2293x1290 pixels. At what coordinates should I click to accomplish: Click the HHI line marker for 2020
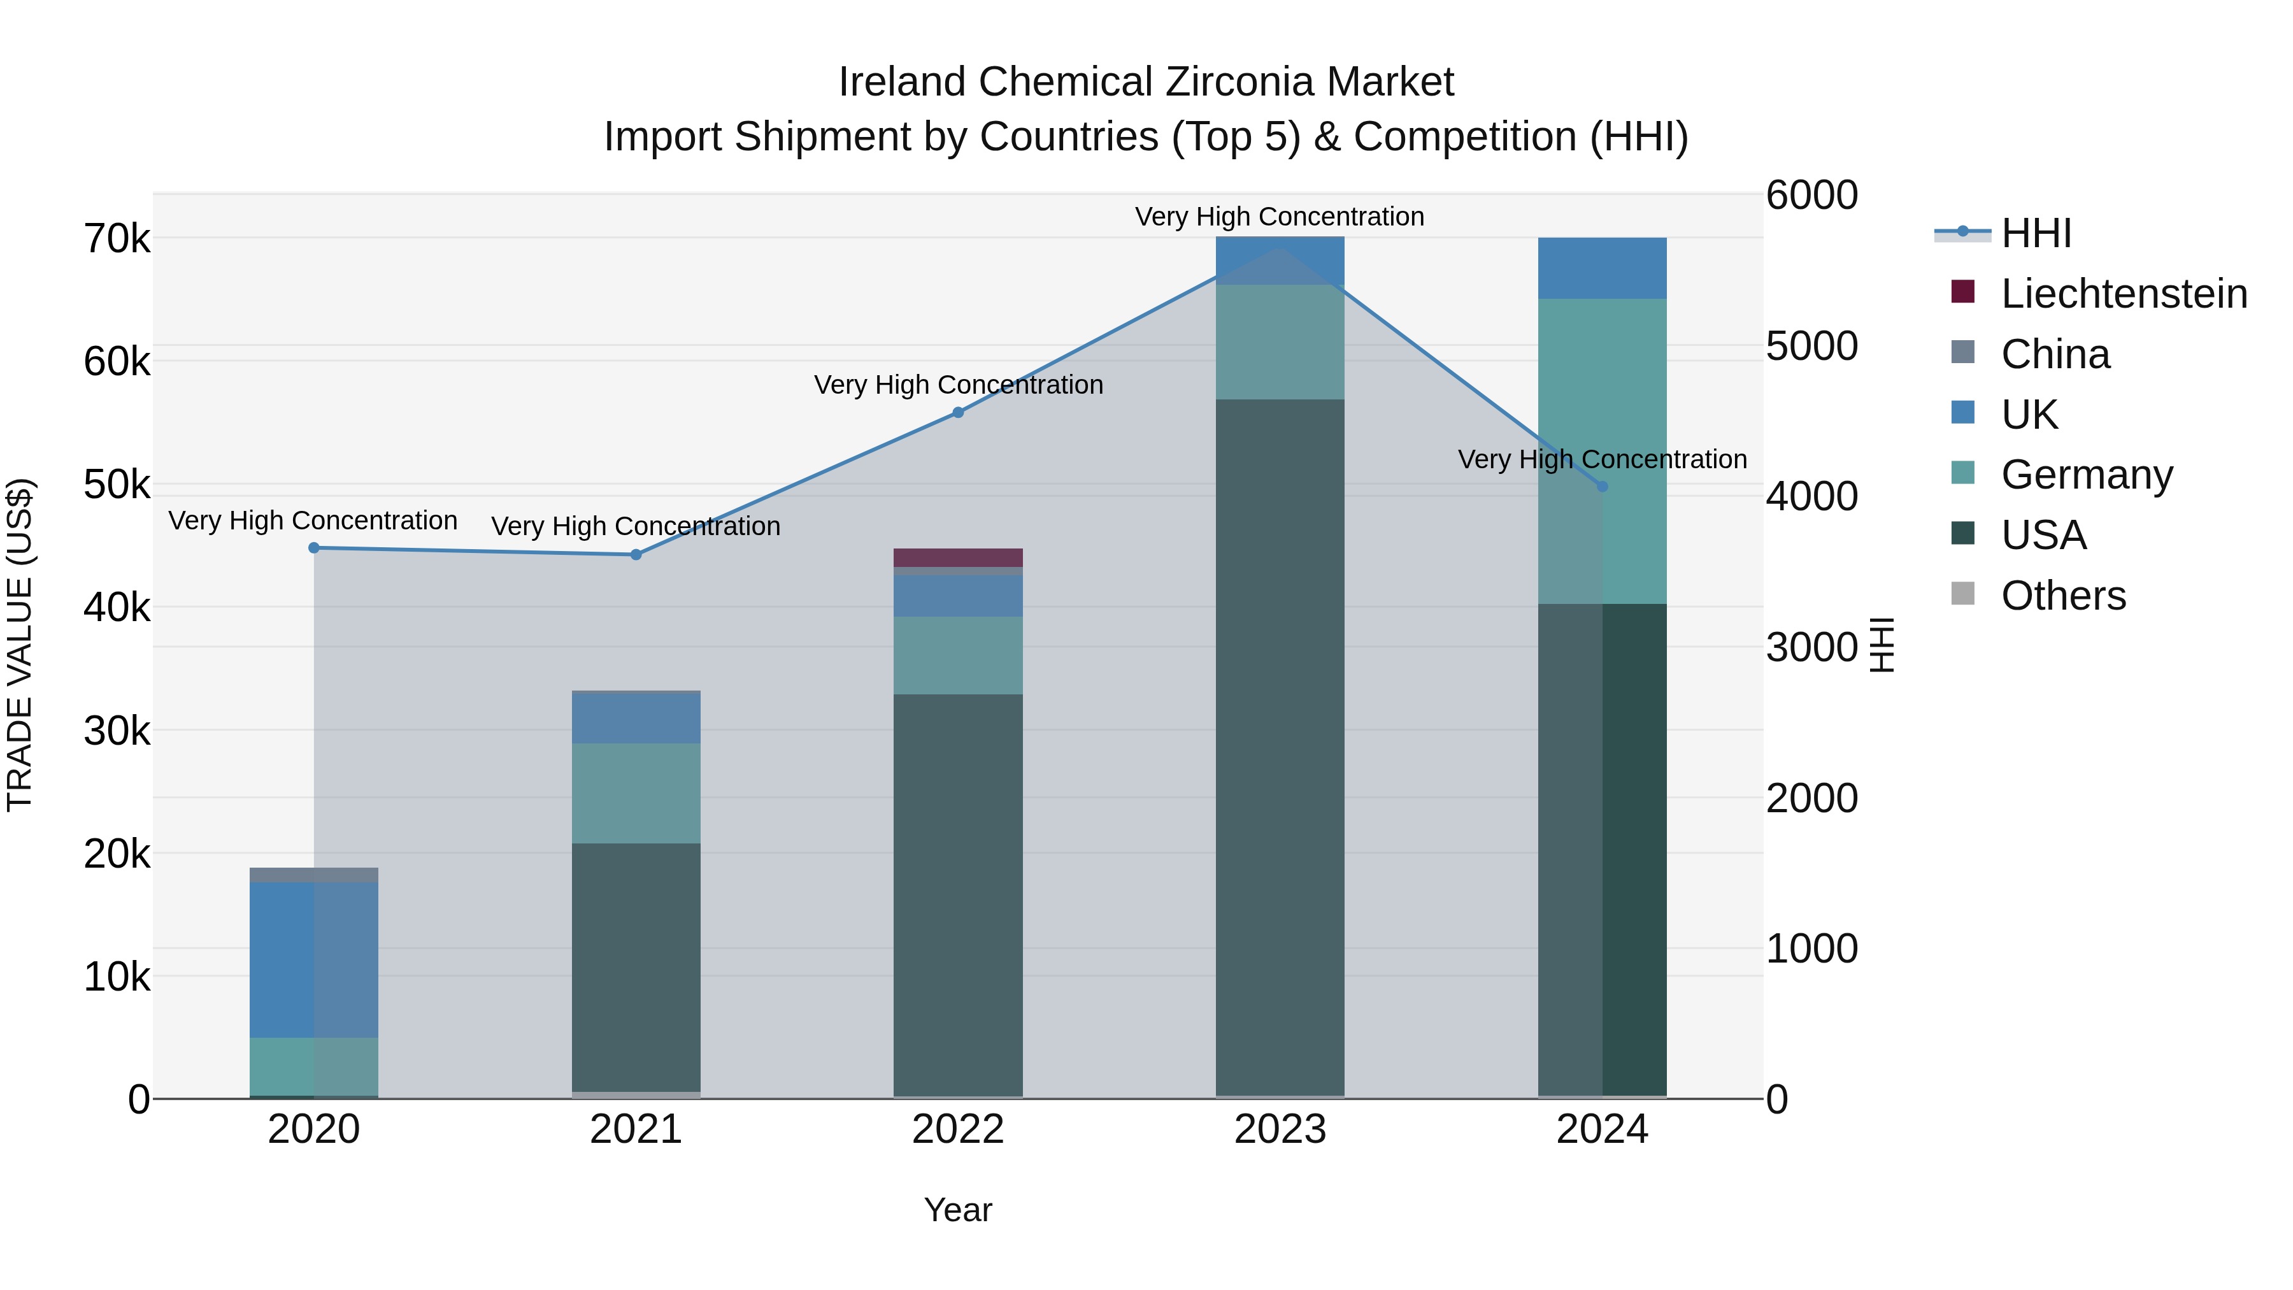pos(313,547)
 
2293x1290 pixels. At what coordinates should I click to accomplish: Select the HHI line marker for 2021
pos(636,555)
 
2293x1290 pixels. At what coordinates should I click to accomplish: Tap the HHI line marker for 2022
pos(958,412)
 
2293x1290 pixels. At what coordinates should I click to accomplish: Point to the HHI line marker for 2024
pos(1603,486)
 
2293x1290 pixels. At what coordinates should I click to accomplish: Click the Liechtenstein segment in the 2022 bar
pos(958,557)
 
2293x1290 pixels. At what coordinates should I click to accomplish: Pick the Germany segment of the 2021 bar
pos(636,792)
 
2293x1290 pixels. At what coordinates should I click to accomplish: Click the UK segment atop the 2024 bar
pos(1603,268)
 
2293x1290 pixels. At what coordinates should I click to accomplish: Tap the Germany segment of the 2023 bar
pos(1280,342)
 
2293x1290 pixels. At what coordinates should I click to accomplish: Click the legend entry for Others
pos(2062,596)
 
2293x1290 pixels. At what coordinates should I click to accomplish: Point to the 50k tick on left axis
pos(117,485)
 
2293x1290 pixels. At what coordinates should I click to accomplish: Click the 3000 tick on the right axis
pos(1811,647)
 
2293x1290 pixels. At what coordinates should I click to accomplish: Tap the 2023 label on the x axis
pos(1280,1129)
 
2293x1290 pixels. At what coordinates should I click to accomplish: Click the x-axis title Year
pos(958,1210)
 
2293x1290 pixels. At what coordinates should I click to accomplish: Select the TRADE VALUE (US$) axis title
pos(20,645)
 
